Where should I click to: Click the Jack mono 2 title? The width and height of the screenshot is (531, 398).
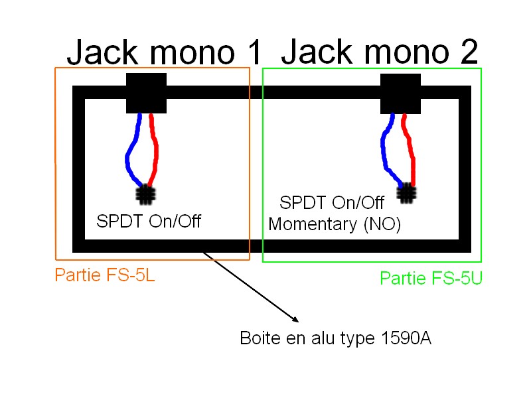coord(380,52)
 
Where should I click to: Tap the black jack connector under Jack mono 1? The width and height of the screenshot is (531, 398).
coord(146,93)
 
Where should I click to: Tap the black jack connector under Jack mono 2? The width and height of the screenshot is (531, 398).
coord(401,93)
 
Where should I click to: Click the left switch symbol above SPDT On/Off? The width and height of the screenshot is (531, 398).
coord(145,194)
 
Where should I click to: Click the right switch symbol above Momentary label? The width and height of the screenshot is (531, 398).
coord(406,193)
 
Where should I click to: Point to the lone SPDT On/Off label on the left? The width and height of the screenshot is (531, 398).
coord(149,222)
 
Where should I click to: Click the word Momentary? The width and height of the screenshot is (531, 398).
coord(314,225)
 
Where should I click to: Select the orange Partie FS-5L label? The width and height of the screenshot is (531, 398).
coord(105,275)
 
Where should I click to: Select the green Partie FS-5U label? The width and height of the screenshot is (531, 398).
coord(431,279)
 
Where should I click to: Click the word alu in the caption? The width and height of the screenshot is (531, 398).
coord(316,339)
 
